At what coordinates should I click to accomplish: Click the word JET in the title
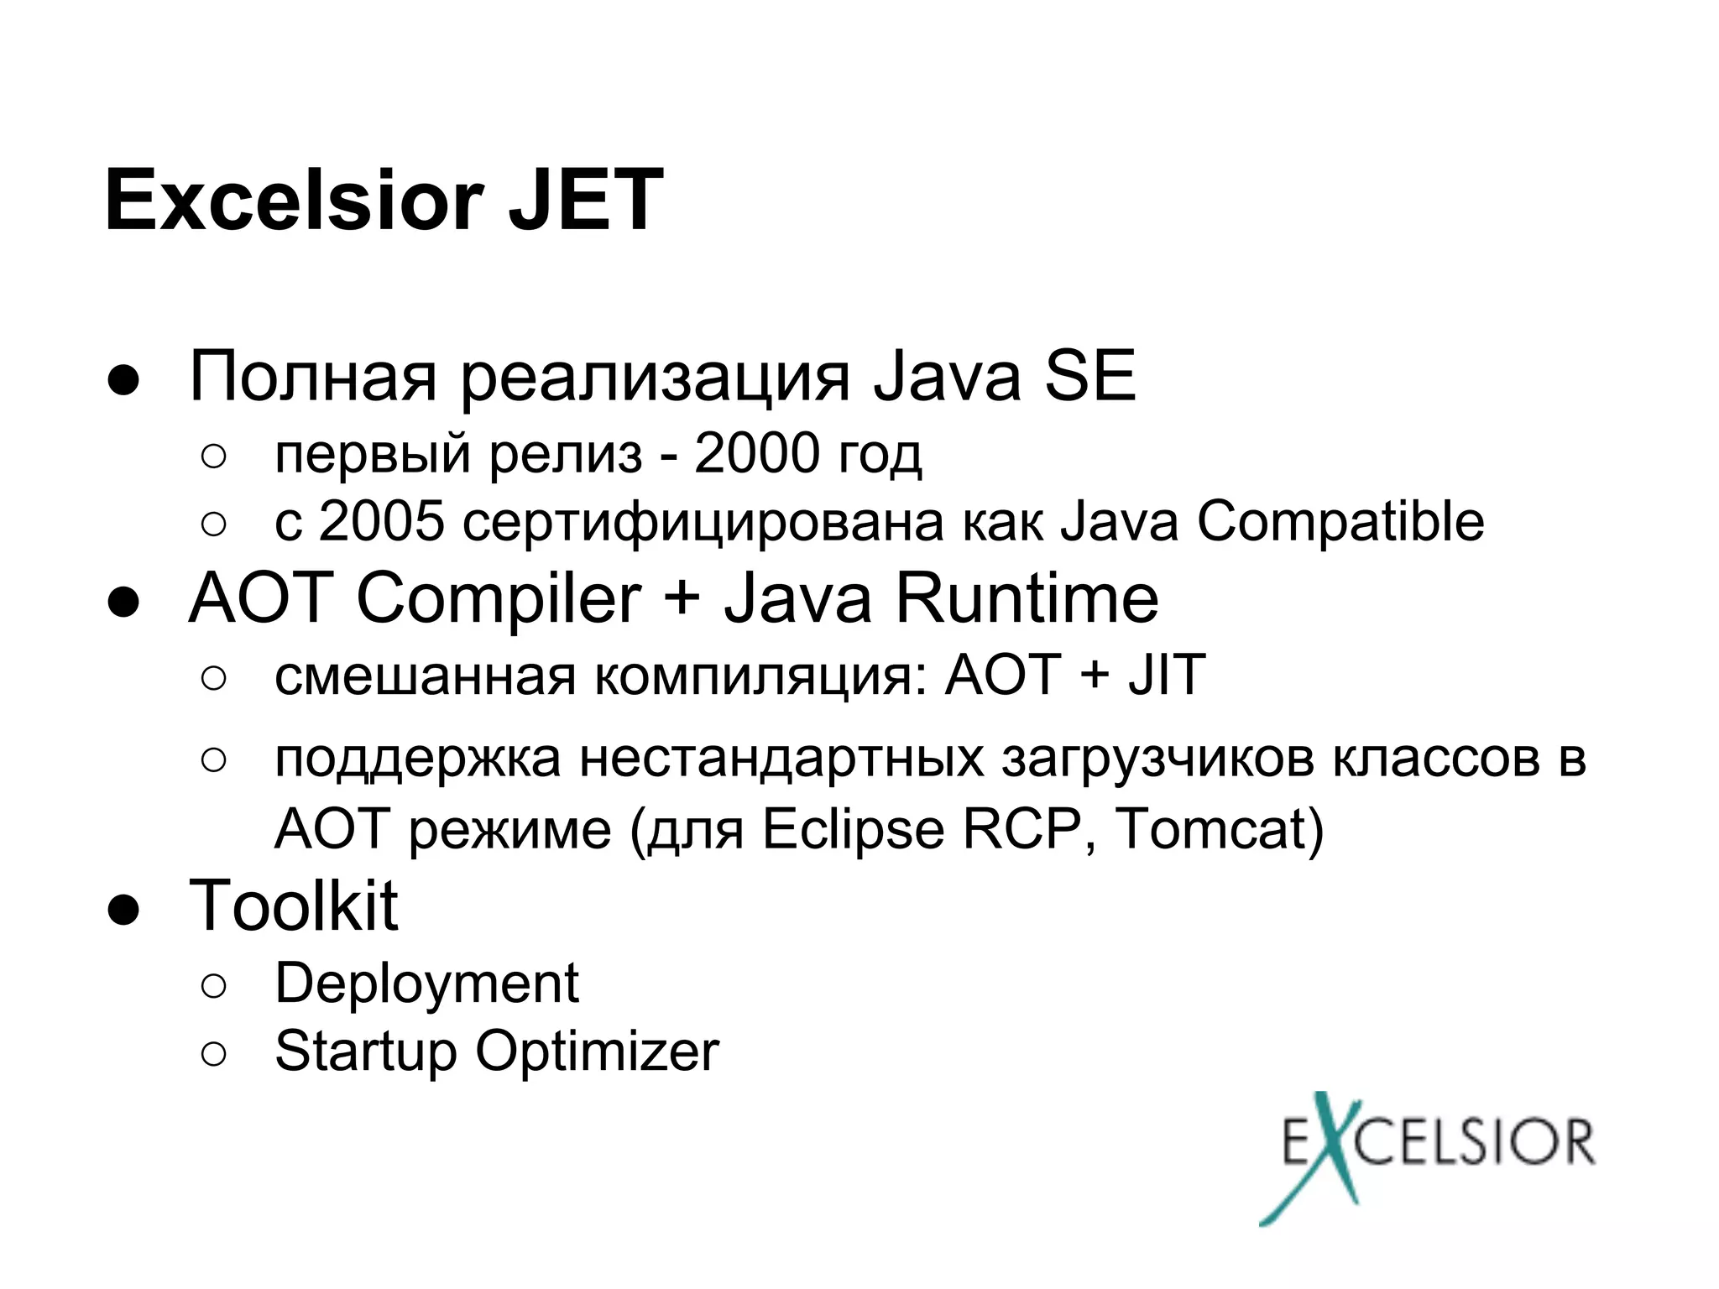pyautogui.click(x=585, y=201)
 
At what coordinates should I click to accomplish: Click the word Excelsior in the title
pyautogui.click(x=293, y=201)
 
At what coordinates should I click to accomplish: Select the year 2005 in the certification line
pyautogui.click(x=381, y=521)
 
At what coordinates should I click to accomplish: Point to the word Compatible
pyautogui.click(x=1340, y=523)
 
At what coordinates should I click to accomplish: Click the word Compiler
pyautogui.click(x=499, y=602)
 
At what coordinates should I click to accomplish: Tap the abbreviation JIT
pyautogui.click(x=1166, y=675)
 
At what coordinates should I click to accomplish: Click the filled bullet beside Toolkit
pyautogui.click(x=123, y=911)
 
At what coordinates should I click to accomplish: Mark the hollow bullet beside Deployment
pyautogui.click(x=214, y=986)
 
